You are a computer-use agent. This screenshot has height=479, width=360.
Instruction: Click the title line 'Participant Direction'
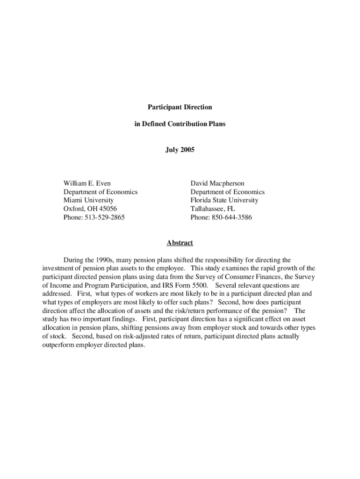point(180,107)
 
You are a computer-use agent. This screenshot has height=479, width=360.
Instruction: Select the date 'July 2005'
point(180,150)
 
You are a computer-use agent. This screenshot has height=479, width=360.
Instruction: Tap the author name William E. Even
point(87,183)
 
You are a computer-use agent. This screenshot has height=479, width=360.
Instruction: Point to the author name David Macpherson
point(217,183)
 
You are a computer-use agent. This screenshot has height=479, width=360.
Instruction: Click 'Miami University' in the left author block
point(88,200)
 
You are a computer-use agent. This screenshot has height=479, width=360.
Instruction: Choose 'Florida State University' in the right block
point(224,200)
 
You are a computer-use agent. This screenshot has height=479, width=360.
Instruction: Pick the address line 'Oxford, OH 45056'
point(90,209)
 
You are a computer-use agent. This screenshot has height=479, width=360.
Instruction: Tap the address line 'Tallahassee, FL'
point(213,209)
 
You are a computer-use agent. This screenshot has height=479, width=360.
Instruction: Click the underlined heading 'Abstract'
point(180,243)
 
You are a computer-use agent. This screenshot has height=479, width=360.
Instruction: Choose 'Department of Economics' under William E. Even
point(101,192)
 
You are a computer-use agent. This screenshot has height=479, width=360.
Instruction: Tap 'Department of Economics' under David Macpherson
point(227,192)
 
